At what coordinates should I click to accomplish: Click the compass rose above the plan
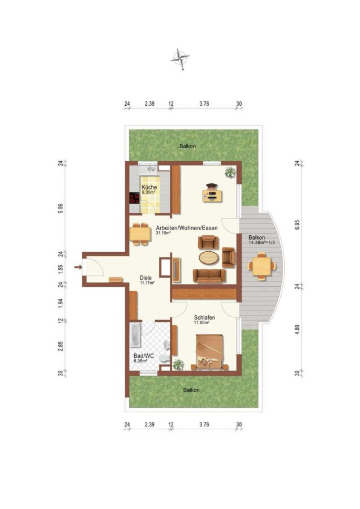(179, 59)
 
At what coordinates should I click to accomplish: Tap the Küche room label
(149, 187)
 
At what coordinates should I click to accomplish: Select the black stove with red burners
(134, 198)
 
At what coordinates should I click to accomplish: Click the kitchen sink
(151, 170)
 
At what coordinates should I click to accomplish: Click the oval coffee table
(209, 258)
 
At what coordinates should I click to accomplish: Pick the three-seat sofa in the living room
(209, 275)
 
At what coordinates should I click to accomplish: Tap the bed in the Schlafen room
(209, 352)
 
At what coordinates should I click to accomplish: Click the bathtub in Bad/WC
(135, 335)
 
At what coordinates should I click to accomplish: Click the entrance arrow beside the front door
(78, 267)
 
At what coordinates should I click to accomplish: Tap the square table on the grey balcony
(262, 266)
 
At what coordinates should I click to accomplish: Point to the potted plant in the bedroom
(178, 365)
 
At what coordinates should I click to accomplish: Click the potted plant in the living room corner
(230, 172)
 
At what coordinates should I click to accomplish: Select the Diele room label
(145, 278)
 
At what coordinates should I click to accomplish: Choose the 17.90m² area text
(201, 323)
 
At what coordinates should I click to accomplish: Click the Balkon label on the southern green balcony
(191, 390)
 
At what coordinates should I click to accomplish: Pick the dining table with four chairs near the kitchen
(140, 234)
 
